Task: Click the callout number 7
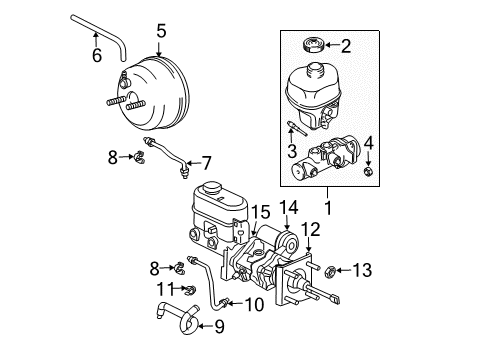(207, 162)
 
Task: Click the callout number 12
(311, 257)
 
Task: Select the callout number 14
(289, 236)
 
